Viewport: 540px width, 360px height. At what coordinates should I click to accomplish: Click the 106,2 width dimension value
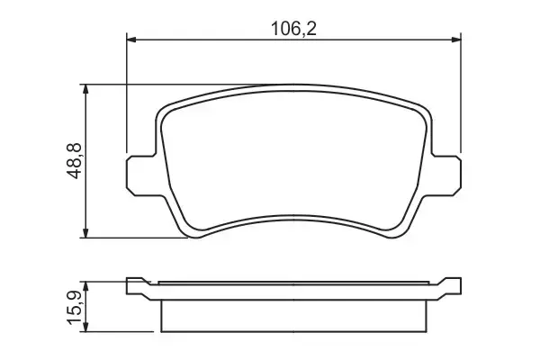(x=294, y=27)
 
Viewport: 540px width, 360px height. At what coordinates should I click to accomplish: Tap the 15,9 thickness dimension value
(x=74, y=307)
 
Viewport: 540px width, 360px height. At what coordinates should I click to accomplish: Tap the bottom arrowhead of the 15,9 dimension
(x=86, y=328)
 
